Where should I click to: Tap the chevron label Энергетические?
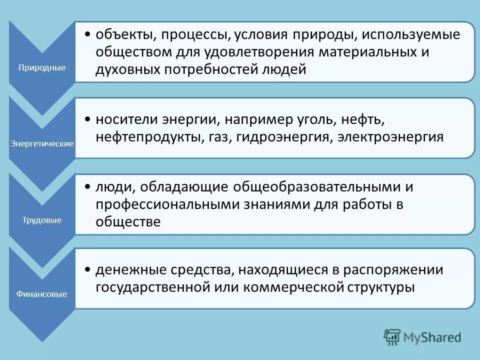coord(42,143)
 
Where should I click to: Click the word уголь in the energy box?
coord(307,120)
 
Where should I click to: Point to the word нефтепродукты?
coord(148,137)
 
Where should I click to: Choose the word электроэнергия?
coord(390,137)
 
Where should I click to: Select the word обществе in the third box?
coord(128,221)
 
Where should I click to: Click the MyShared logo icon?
coord(392,336)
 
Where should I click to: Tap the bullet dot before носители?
coord(87,120)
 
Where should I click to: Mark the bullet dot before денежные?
coord(87,270)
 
